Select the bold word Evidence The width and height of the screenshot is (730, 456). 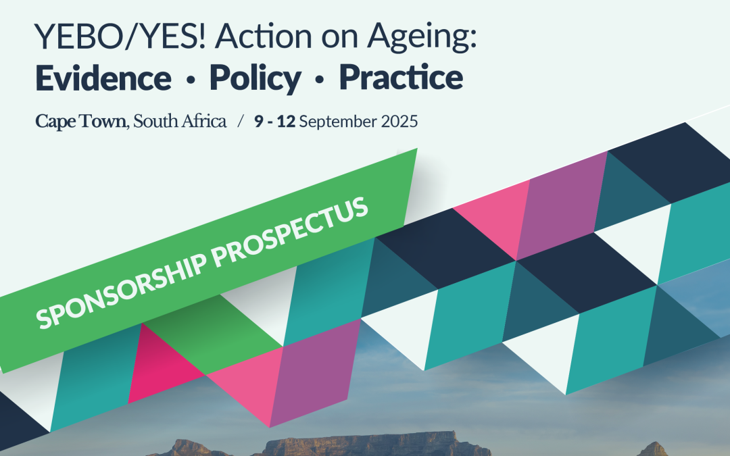tap(103, 77)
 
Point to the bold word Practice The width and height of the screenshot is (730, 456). tap(401, 77)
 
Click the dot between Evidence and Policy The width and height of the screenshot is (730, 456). tap(191, 80)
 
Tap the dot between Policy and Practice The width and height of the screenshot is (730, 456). tap(319, 80)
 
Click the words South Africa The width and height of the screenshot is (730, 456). tap(180, 122)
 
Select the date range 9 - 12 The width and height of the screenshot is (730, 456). tap(274, 122)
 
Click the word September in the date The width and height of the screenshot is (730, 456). tap(338, 122)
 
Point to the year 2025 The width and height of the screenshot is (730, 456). tap(399, 122)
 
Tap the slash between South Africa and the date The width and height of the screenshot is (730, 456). tap(240, 122)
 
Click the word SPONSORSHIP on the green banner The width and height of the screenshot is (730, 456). tap(121, 290)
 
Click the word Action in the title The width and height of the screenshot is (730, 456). tap(263, 36)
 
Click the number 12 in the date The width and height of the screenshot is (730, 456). tap(286, 122)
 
